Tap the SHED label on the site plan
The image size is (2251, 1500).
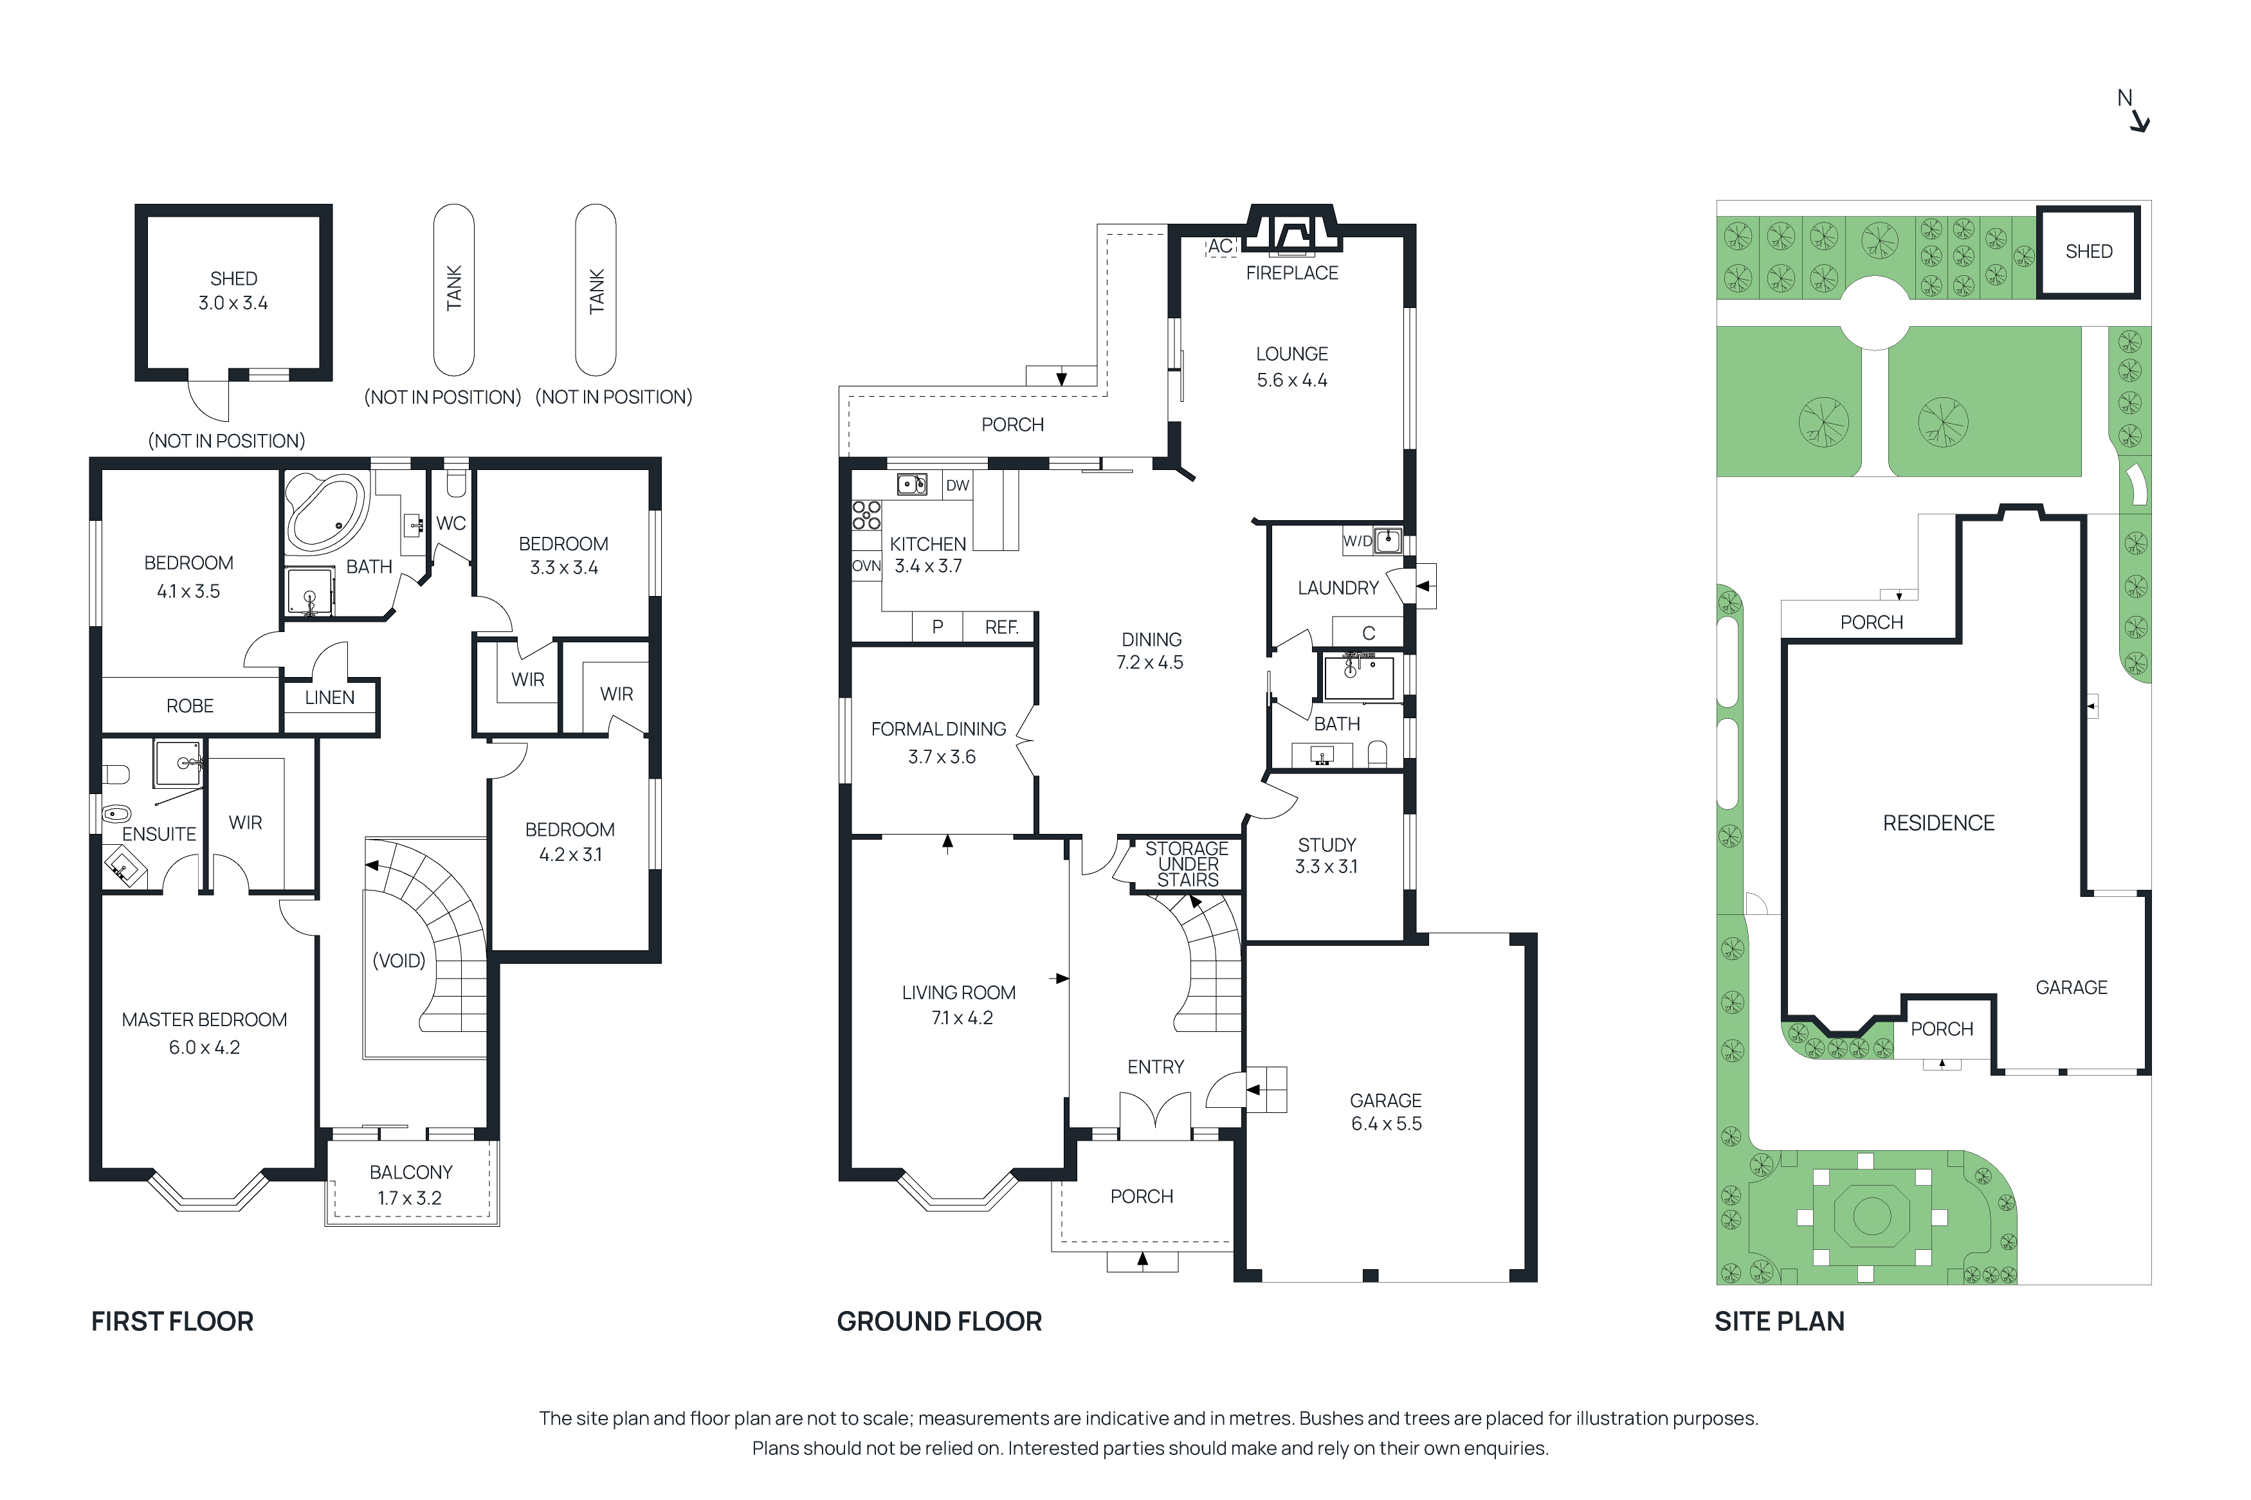point(2088,251)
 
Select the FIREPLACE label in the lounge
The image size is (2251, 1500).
point(1291,273)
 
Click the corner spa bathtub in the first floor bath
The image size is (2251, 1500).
point(325,512)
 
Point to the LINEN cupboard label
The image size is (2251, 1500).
point(329,698)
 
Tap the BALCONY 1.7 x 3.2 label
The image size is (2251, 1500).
point(410,1184)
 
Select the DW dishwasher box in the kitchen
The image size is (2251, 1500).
point(956,485)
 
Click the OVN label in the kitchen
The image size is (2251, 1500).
point(866,565)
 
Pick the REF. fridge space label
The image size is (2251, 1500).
point(1001,627)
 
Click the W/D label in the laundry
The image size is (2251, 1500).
point(1356,541)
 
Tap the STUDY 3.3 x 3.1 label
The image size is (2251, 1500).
point(1326,855)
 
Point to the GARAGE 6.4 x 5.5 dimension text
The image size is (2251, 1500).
point(1385,1123)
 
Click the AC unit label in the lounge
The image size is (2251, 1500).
point(1220,246)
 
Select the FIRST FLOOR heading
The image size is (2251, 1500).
point(172,1321)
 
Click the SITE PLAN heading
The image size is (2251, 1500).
point(1778,1321)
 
